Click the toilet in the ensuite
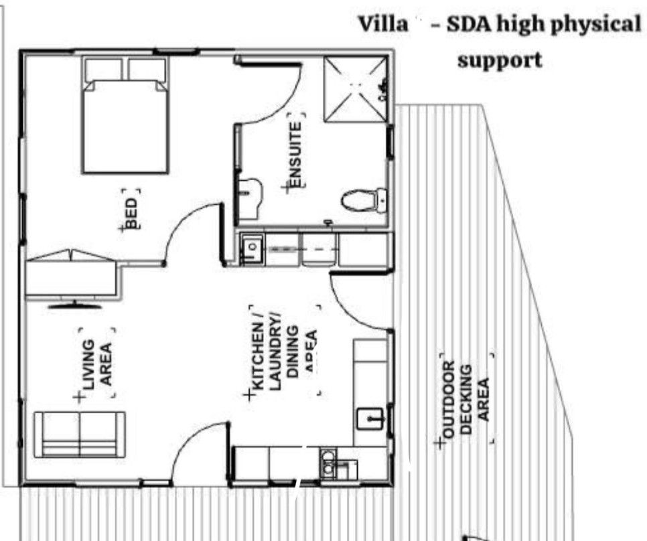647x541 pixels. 362,200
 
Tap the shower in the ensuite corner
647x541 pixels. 355,89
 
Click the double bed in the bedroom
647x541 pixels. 125,124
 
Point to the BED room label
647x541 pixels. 131,214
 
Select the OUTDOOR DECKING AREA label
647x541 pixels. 468,399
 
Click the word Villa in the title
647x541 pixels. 383,25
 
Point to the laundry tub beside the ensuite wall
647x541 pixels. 251,248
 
